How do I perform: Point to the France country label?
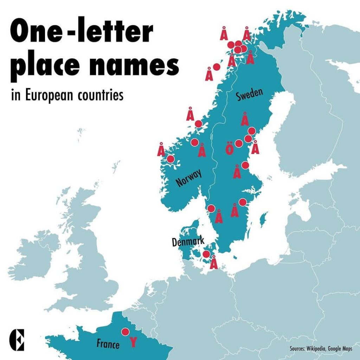click(x=108, y=343)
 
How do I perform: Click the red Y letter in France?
click(x=133, y=342)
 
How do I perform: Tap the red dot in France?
click(x=125, y=332)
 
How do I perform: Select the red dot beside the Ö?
click(x=239, y=143)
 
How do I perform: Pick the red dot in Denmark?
click(x=206, y=254)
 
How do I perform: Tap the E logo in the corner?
click(x=17, y=340)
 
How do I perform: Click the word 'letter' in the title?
click(x=120, y=32)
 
